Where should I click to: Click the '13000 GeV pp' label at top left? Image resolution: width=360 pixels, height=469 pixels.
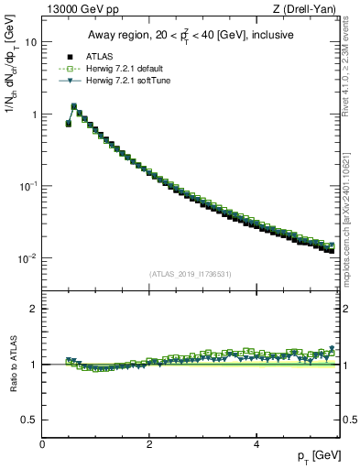point(76,9)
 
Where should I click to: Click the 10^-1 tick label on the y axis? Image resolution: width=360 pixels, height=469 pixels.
point(28,186)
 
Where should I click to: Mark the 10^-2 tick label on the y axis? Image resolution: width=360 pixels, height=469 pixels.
point(28,258)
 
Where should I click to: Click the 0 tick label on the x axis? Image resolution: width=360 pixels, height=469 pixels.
point(43,444)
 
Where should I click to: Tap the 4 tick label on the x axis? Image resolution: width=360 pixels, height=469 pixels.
point(256,444)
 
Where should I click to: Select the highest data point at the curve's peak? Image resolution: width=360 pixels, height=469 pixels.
point(74,106)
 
